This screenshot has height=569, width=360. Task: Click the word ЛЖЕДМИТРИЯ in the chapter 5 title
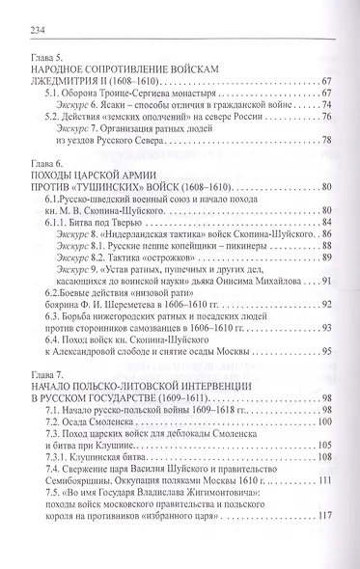(74, 92)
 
